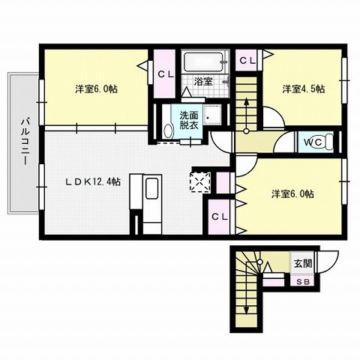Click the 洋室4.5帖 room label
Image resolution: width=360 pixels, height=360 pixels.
(303, 88)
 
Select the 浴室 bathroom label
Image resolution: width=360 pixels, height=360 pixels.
(201, 79)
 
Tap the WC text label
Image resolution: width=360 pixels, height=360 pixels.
(313, 141)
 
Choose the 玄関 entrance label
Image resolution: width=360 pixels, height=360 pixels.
(302, 263)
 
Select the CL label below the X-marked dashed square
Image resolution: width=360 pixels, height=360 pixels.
(219, 216)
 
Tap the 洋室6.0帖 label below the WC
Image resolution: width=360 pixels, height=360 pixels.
(292, 193)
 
